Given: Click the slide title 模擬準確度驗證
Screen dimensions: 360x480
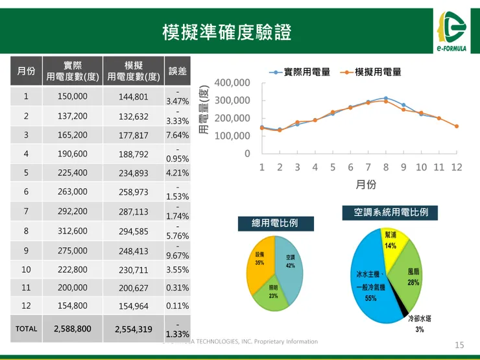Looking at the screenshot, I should pos(227,31).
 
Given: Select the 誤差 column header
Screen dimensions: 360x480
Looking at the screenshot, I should pos(177,71).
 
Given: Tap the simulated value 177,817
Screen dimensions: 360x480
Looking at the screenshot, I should pos(134,136).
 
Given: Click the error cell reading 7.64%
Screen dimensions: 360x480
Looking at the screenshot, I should pos(177,136).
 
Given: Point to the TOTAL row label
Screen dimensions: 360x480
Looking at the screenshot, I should pos(26,329).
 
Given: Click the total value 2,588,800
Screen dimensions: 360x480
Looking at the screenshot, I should pos(72,329).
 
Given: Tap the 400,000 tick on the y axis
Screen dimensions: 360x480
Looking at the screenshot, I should pos(232,83).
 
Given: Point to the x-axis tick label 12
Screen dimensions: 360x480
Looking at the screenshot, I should pos(457,167).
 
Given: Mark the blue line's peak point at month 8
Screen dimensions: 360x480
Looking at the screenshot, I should pos(385,99).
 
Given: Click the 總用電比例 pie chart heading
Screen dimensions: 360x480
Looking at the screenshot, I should pos(275,224).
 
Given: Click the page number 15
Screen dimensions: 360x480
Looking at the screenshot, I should pos(460,344).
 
